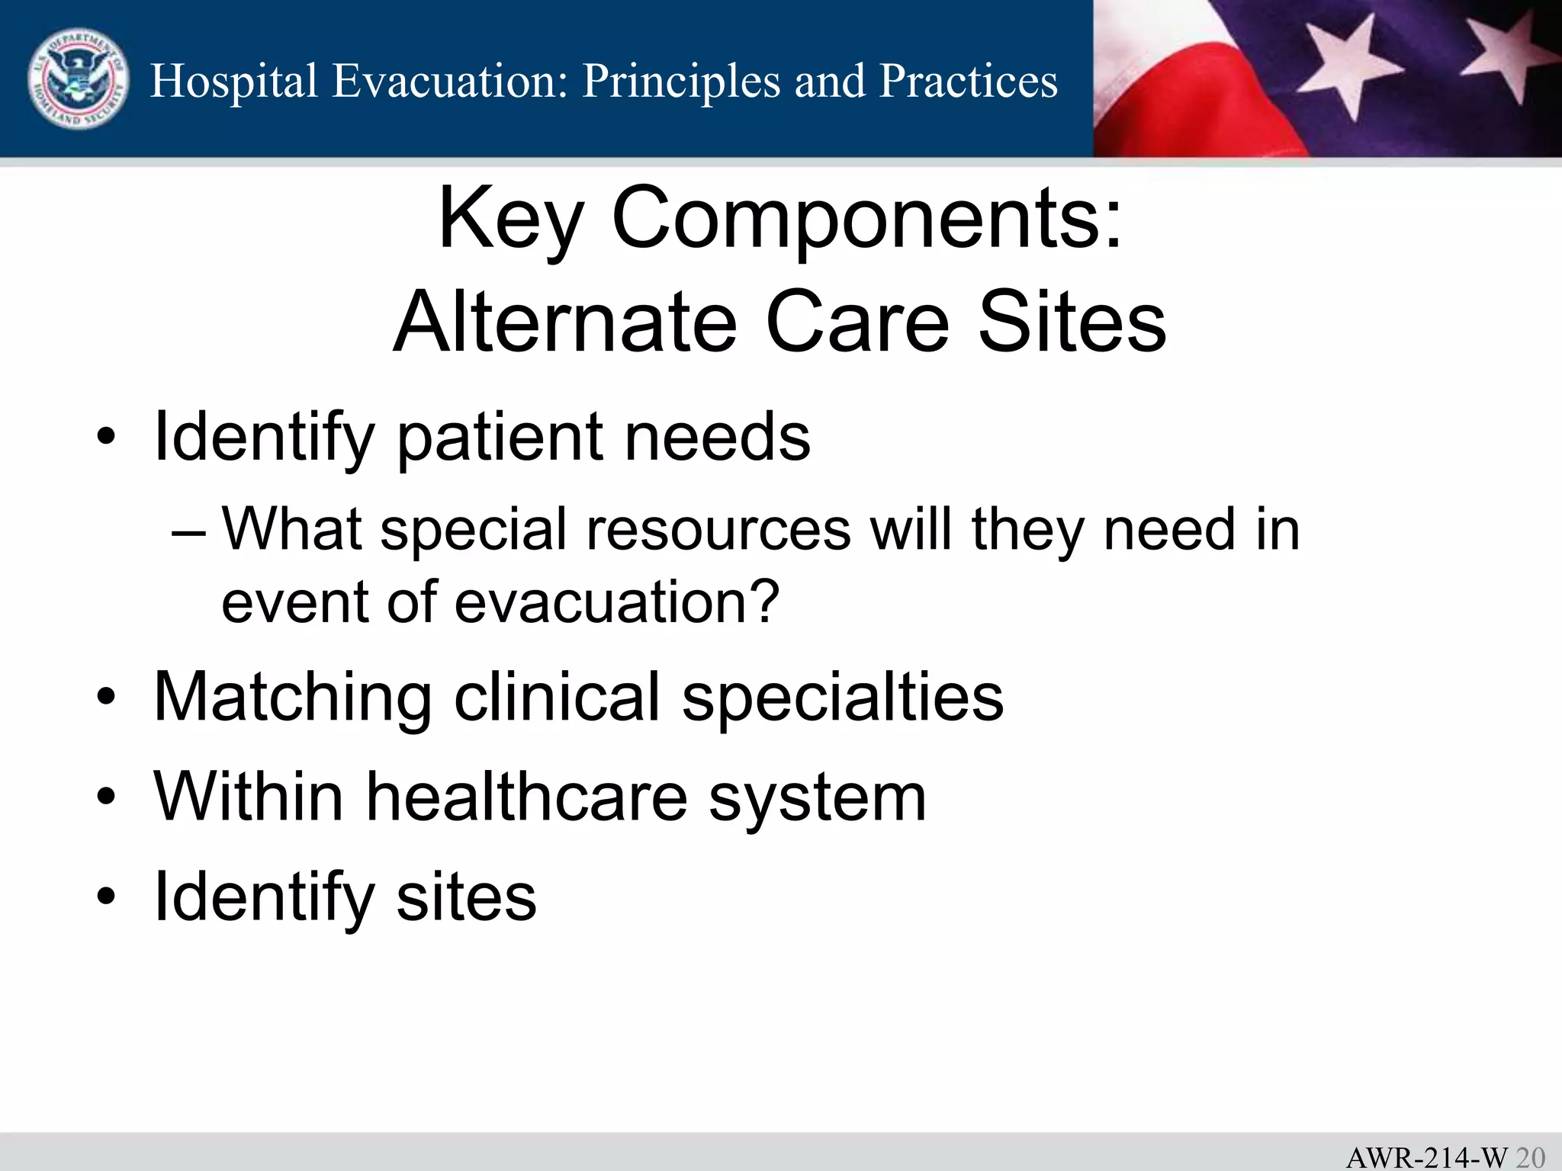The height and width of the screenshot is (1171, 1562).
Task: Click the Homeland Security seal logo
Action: [78, 79]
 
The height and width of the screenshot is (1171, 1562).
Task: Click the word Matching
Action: [293, 697]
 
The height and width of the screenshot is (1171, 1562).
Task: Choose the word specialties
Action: [842, 697]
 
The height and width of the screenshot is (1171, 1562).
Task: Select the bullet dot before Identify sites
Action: [106, 897]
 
